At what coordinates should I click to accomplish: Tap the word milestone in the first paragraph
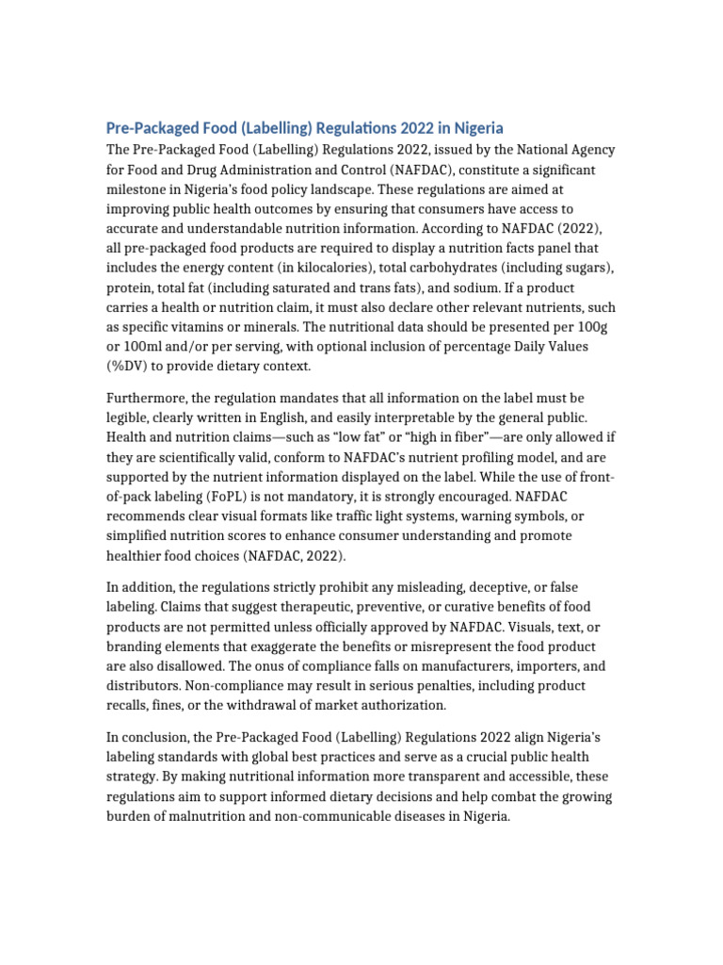pyautogui.click(x=138, y=188)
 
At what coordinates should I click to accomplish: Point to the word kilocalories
pyautogui.click(x=304, y=268)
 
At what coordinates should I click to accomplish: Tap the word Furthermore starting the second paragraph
pyautogui.click(x=147, y=400)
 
